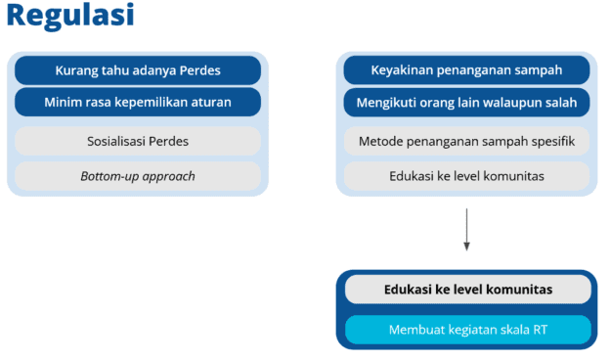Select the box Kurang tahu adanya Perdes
138,70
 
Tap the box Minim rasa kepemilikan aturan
138,102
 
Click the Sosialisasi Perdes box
138,141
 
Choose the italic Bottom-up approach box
138,176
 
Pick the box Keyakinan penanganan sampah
466,70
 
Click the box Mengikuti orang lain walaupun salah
466,102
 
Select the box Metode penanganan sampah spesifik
466,141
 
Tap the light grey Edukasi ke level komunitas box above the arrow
466,176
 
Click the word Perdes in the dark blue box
199,70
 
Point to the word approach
166,177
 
